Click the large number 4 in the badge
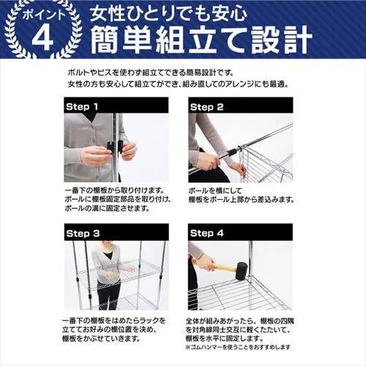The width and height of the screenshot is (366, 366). coord(43,38)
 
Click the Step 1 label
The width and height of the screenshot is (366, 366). coord(88,106)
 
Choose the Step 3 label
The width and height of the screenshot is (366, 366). coord(88,233)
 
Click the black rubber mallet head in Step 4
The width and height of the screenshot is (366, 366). coord(242,266)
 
